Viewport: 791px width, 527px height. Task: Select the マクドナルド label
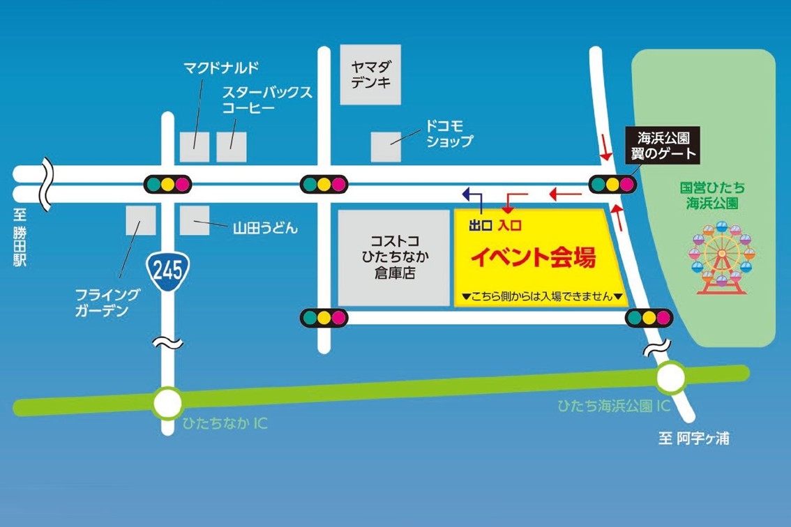click(221, 68)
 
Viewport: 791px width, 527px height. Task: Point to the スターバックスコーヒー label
click(267, 100)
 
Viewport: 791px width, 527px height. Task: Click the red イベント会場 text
click(534, 259)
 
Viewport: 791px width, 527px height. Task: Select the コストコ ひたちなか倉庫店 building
click(393, 257)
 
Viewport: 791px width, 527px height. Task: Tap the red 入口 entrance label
click(509, 225)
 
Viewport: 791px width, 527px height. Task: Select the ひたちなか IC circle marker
click(167, 403)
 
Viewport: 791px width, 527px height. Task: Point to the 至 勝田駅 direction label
click(20, 241)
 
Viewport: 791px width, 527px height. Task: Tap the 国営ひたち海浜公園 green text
click(711, 195)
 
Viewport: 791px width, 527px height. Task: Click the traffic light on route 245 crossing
click(167, 185)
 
